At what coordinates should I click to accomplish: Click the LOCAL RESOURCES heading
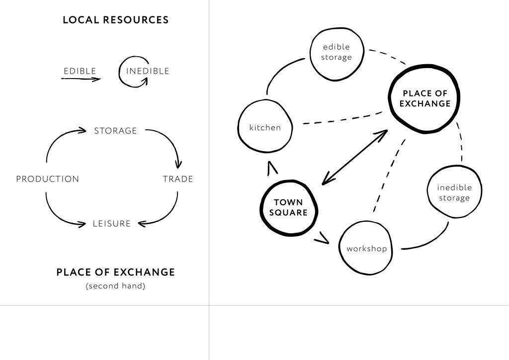(115, 20)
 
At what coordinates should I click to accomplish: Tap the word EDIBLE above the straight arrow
(80, 71)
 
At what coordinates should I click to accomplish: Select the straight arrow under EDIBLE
(81, 79)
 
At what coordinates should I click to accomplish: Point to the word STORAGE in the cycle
(115, 131)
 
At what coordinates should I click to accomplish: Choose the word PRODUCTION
(47, 179)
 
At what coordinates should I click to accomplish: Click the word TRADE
(177, 179)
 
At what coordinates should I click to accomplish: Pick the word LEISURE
(112, 224)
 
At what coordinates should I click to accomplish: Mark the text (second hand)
(115, 286)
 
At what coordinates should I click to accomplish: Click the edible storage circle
(337, 53)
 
